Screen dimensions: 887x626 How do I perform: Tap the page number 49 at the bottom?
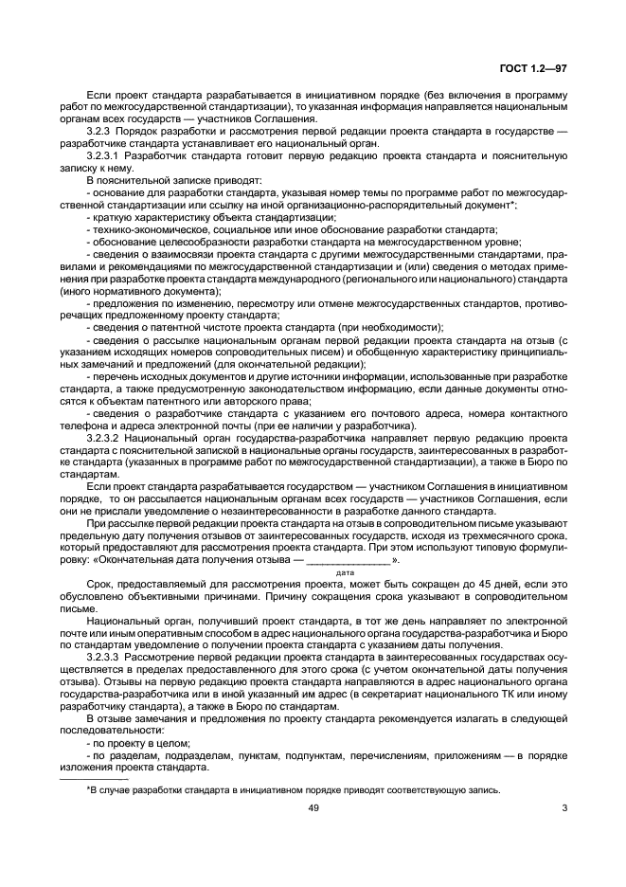pos(313,808)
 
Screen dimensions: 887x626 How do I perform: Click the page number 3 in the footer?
pos(563,808)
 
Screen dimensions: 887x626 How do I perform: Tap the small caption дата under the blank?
pos(345,572)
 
